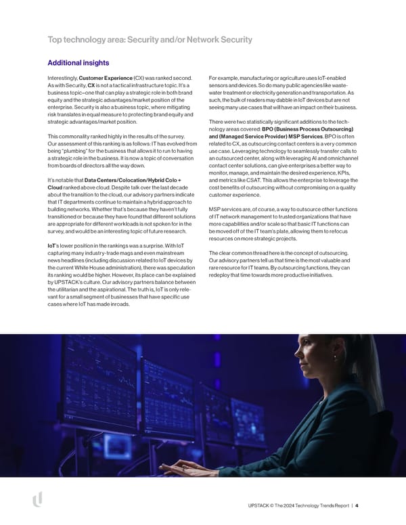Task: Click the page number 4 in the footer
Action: (x=357, y=505)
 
